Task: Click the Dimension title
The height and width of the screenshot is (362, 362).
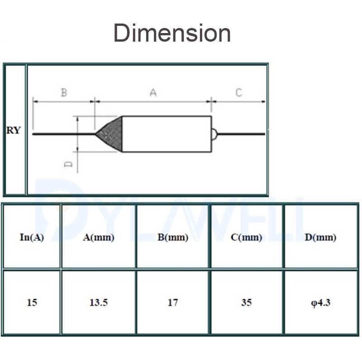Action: (172, 33)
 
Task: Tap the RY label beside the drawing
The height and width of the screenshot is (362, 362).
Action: (14, 130)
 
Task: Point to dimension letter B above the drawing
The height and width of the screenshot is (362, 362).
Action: (64, 93)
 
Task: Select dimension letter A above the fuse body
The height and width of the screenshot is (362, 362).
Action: (153, 93)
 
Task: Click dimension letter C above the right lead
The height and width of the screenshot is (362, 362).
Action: (239, 93)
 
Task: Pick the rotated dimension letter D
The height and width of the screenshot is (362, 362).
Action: (68, 164)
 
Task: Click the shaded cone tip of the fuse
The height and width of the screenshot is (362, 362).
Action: (109, 134)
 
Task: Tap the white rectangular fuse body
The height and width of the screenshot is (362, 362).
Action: (167, 134)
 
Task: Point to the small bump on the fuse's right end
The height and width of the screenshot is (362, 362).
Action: (214, 134)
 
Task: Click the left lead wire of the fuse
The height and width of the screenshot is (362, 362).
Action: (64, 134)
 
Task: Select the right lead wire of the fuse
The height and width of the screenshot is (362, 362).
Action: (241, 134)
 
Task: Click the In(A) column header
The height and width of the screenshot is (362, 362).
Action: (32, 237)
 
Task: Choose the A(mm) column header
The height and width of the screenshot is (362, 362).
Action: (99, 237)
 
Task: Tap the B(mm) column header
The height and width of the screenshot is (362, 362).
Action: (173, 237)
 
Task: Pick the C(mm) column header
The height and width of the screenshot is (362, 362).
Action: (246, 237)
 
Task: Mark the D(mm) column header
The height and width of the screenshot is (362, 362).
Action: (320, 237)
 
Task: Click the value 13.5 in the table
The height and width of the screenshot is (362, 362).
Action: (99, 302)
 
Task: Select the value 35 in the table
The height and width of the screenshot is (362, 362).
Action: (246, 302)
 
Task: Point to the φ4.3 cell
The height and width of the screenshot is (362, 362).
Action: (321, 303)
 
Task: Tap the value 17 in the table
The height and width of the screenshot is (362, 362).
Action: (173, 302)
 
